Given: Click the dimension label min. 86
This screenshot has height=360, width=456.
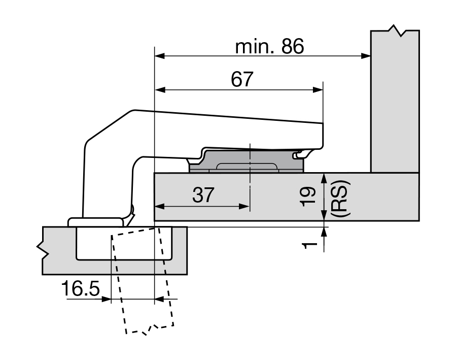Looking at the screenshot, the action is [x=269, y=46].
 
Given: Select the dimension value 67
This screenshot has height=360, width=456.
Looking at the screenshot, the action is [x=242, y=79].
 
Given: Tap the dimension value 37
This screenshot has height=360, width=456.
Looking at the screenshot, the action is [x=203, y=195].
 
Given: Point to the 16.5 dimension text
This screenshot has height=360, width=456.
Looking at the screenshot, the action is [x=81, y=288].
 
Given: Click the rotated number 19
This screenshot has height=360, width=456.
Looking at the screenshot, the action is [x=308, y=197].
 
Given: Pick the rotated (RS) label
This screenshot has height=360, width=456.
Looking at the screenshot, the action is [x=340, y=199].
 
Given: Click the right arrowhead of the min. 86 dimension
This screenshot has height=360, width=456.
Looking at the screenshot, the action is [x=366, y=55].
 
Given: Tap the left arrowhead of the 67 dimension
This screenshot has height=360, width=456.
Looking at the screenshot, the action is [x=160, y=90].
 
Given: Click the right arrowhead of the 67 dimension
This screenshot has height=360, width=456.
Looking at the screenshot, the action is [x=318, y=90].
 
